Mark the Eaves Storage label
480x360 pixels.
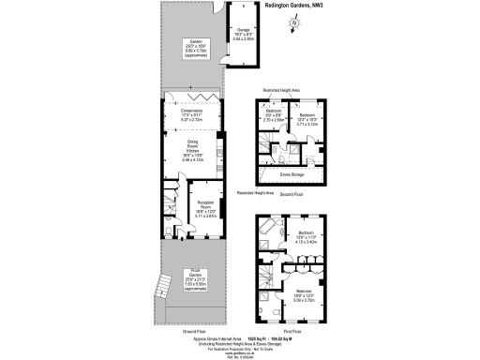click(291, 173)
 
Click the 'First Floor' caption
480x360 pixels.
click(291, 332)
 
